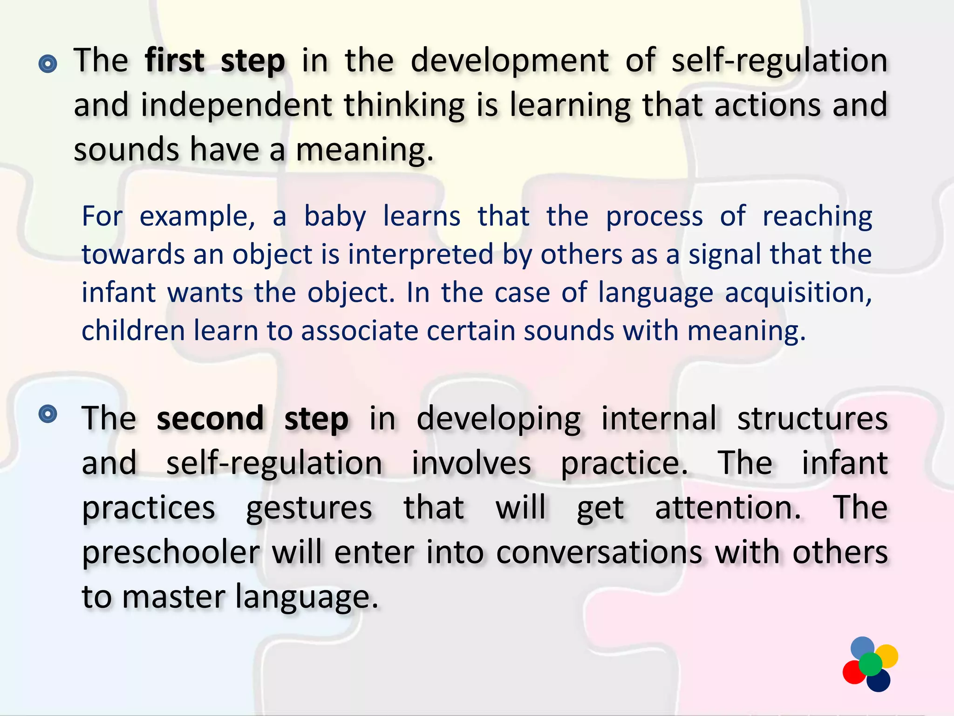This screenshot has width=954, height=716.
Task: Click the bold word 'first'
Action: pos(174,61)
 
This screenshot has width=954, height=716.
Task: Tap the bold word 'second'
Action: pos(210,418)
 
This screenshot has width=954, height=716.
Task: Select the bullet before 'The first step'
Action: pos(48,64)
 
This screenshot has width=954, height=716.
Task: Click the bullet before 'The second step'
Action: pos(48,413)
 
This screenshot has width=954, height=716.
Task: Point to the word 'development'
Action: pos(509,61)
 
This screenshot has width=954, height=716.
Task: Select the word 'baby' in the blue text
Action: pos(335,217)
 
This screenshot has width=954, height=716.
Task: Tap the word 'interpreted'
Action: pos(421,255)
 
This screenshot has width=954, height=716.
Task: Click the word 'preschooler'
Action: pos(170,553)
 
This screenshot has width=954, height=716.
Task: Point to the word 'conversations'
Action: pos(599,553)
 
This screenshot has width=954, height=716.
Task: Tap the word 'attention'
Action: pos(728,508)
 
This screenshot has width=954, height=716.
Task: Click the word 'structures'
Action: pos(812,418)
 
